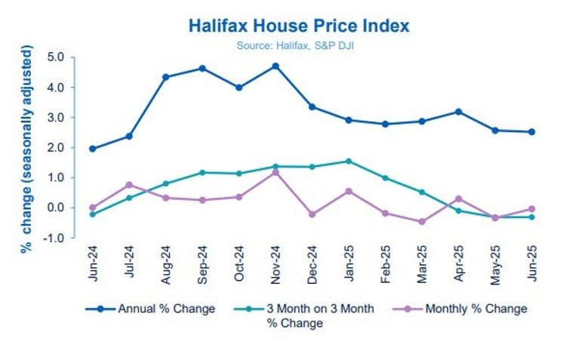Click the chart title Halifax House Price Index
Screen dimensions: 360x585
299,26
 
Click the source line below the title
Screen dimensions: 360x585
299,44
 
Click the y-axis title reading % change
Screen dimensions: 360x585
28,149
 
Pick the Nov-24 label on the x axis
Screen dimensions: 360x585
276,264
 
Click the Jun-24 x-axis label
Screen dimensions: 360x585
92,264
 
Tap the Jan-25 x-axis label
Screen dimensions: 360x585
349,264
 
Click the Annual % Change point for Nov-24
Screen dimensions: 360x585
275,66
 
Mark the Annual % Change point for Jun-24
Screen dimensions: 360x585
92,149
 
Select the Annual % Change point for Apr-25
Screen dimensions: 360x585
458,112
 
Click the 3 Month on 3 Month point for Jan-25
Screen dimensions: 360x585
348,161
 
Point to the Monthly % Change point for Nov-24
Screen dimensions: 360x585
275,172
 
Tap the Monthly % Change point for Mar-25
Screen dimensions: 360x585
421,222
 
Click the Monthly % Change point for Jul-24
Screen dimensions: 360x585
129,184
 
